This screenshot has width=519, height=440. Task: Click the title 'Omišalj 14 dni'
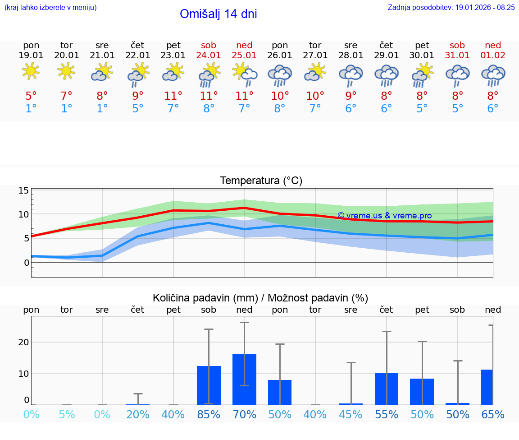[x=218, y=14]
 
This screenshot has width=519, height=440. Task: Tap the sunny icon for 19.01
[x=31, y=71]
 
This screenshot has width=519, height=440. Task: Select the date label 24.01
[x=209, y=55]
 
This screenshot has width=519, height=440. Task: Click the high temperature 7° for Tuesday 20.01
[x=67, y=96]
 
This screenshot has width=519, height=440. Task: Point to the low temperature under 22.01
[x=137, y=109]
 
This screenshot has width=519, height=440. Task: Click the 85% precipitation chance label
[x=209, y=414]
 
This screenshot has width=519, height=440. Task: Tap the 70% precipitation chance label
[x=244, y=414]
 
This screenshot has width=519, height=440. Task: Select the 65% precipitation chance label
[x=493, y=414]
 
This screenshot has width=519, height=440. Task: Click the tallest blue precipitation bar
[x=244, y=379]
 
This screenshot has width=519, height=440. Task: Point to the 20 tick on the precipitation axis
[x=23, y=342]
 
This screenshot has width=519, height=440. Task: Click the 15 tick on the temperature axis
[x=23, y=190]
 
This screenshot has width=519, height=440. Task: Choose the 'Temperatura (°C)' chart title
[x=261, y=181]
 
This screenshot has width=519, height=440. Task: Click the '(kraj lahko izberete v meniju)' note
[x=50, y=7]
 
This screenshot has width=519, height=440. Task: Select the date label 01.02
[x=493, y=55]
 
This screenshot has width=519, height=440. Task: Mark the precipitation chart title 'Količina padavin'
[x=260, y=298]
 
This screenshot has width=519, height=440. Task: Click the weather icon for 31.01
[x=457, y=75]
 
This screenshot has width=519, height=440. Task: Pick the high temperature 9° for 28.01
[x=351, y=96]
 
